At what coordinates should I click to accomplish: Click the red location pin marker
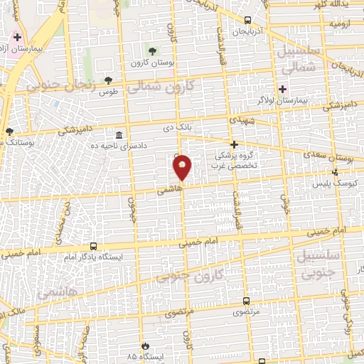pos(183,168)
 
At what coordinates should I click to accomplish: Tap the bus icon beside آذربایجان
pos(247,21)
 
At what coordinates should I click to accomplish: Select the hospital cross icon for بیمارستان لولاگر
pos(283,89)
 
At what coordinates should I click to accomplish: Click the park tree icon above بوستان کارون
pos(151,50)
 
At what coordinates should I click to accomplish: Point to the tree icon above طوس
pos(108,80)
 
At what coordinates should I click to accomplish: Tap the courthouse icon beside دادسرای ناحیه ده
pos(118,135)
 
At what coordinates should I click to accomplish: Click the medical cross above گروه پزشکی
pos(233,144)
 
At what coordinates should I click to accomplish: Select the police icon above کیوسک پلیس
pos(336,172)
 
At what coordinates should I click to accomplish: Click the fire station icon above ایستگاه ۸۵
pos(144,343)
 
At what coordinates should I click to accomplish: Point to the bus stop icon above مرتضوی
pos(246,301)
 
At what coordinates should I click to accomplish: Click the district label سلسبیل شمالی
pos(293,62)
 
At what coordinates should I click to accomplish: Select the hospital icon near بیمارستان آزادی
pos(17,36)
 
